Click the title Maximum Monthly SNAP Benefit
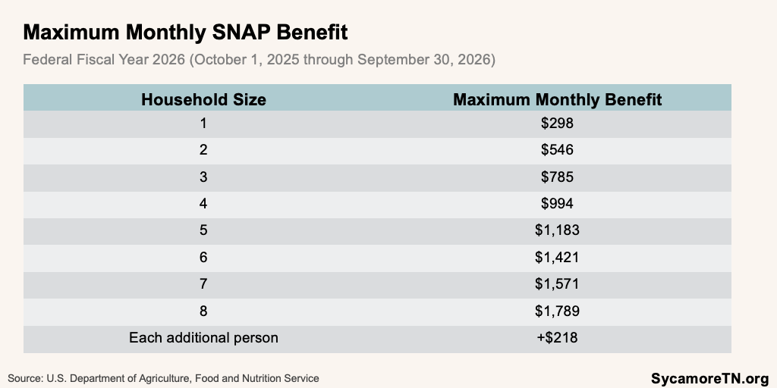(x=186, y=33)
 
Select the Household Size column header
(x=203, y=99)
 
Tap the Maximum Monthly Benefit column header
(x=557, y=99)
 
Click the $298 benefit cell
(x=557, y=123)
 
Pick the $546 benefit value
(x=557, y=149)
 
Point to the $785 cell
(x=557, y=177)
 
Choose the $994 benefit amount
(x=557, y=203)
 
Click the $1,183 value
(x=557, y=230)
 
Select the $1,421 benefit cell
(x=557, y=257)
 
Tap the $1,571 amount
(x=557, y=284)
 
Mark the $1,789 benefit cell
(x=557, y=311)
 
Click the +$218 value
(x=557, y=338)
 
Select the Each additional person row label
(x=203, y=338)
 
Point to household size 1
(x=203, y=123)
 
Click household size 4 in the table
(x=203, y=203)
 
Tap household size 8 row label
(x=203, y=311)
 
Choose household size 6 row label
(x=203, y=257)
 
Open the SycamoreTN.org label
(x=709, y=377)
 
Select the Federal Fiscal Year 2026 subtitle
(x=259, y=59)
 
